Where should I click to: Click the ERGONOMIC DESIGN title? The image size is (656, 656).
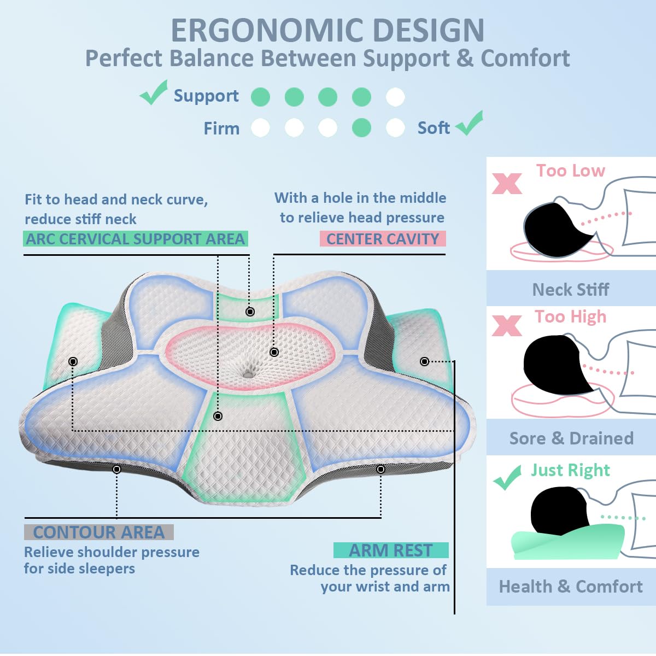pos(327,31)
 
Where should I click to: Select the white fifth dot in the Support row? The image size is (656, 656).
pos(395,97)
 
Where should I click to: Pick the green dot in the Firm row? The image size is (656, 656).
pos(361,128)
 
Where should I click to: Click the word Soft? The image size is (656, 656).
pos(434,128)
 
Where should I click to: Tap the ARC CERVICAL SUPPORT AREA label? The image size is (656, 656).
pos(135,239)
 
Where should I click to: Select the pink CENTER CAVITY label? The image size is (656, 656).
pos(383,239)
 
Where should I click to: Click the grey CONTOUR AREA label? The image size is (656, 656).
pos(99,532)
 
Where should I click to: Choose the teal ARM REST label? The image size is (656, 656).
pos(391,550)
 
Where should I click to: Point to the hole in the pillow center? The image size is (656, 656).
pos(249,372)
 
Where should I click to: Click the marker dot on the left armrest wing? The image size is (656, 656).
pos(73,361)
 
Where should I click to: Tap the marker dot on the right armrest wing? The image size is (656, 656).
pos(424,361)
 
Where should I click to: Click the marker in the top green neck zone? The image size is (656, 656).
pos(250,312)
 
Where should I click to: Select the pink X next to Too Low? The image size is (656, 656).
pos(507,184)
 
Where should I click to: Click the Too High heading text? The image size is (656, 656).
pos(570,317)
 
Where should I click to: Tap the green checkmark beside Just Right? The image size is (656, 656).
pos(507,478)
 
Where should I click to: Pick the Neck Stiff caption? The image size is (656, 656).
pos(570,289)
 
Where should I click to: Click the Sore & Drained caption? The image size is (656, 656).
pos(571,438)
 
